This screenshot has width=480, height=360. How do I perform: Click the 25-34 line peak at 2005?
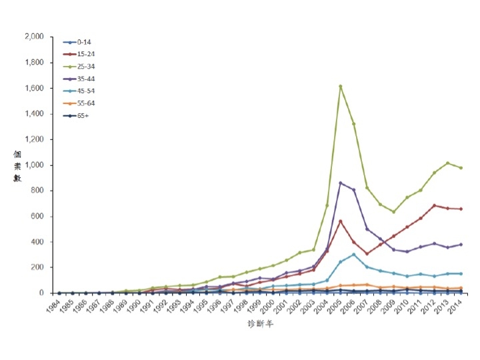340,86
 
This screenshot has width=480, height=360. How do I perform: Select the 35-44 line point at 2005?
340,183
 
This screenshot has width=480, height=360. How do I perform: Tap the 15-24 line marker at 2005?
340,221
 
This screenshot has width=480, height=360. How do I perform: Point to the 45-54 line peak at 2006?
353,254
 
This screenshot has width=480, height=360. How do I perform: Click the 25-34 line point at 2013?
447,163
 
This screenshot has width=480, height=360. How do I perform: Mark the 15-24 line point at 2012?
434,205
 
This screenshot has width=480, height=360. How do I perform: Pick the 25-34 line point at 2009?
393,212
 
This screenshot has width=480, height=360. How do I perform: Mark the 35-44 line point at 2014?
461,244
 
